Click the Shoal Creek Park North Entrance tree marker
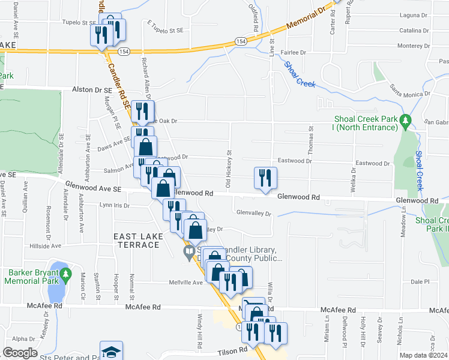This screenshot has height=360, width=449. point(406,121)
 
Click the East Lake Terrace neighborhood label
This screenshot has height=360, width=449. point(139,242)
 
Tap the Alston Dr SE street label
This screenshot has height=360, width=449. point(92,89)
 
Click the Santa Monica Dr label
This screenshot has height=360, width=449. point(411,90)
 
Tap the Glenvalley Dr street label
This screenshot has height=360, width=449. point(254,213)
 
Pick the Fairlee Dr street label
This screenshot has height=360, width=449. point(292,53)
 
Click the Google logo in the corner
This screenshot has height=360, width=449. point(20,353)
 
